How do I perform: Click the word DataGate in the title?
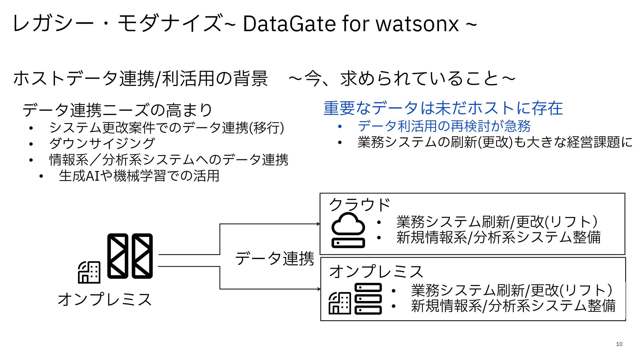(289, 24)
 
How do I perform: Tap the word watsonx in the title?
(417, 24)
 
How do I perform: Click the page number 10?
(619, 344)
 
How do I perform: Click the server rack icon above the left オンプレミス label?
(130, 256)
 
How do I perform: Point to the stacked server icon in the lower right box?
(368, 299)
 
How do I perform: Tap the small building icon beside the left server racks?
(89, 272)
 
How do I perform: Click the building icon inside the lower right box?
(340, 303)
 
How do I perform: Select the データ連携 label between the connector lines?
(274, 259)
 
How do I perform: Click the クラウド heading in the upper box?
(359, 205)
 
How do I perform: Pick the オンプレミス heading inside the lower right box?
(376, 271)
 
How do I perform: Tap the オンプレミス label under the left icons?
(105, 299)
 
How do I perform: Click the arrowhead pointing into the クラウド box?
(318, 224)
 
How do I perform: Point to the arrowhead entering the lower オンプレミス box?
(319, 289)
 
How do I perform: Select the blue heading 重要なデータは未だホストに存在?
(443, 108)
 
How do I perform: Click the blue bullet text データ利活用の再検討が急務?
(444, 126)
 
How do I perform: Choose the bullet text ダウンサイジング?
(102, 143)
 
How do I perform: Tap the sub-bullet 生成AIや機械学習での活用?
(139, 176)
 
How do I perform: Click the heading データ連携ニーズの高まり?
(117, 110)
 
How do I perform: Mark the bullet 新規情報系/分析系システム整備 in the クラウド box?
(498, 237)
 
